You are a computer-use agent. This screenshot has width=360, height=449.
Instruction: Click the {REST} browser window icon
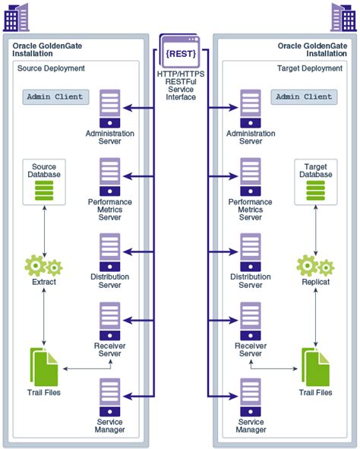click(x=180, y=52)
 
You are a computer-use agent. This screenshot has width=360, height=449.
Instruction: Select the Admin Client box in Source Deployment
click(x=55, y=96)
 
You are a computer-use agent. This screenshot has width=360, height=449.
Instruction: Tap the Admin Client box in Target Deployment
click(x=304, y=96)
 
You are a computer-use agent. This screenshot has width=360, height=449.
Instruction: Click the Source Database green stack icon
click(x=44, y=191)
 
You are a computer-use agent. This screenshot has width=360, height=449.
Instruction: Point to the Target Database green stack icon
click(x=316, y=191)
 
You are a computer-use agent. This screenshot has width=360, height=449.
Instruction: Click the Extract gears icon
click(x=44, y=266)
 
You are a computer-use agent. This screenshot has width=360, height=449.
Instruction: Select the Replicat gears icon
click(x=315, y=266)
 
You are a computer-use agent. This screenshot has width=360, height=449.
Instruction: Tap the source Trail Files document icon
click(x=44, y=367)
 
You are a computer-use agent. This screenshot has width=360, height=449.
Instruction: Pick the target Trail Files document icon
click(x=315, y=367)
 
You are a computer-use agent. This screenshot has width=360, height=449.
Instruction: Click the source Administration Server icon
click(x=110, y=109)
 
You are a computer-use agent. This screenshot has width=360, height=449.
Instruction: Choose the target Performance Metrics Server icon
click(x=251, y=177)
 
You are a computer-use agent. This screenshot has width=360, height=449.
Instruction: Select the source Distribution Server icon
click(x=110, y=252)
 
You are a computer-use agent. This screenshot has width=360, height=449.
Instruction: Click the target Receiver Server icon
click(x=251, y=321)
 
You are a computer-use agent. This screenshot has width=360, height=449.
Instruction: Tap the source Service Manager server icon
click(x=110, y=397)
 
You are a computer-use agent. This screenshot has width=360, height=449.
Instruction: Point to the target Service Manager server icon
click(x=251, y=397)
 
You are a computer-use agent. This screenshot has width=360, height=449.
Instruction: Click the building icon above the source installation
click(x=16, y=17)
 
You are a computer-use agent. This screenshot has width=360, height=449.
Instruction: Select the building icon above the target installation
click(x=344, y=17)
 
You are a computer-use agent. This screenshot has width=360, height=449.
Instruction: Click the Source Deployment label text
click(x=51, y=68)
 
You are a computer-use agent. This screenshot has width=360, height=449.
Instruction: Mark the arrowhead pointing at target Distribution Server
click(x=233, y=252)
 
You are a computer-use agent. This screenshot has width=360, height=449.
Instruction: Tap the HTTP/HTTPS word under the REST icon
click(x=181, y=74)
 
